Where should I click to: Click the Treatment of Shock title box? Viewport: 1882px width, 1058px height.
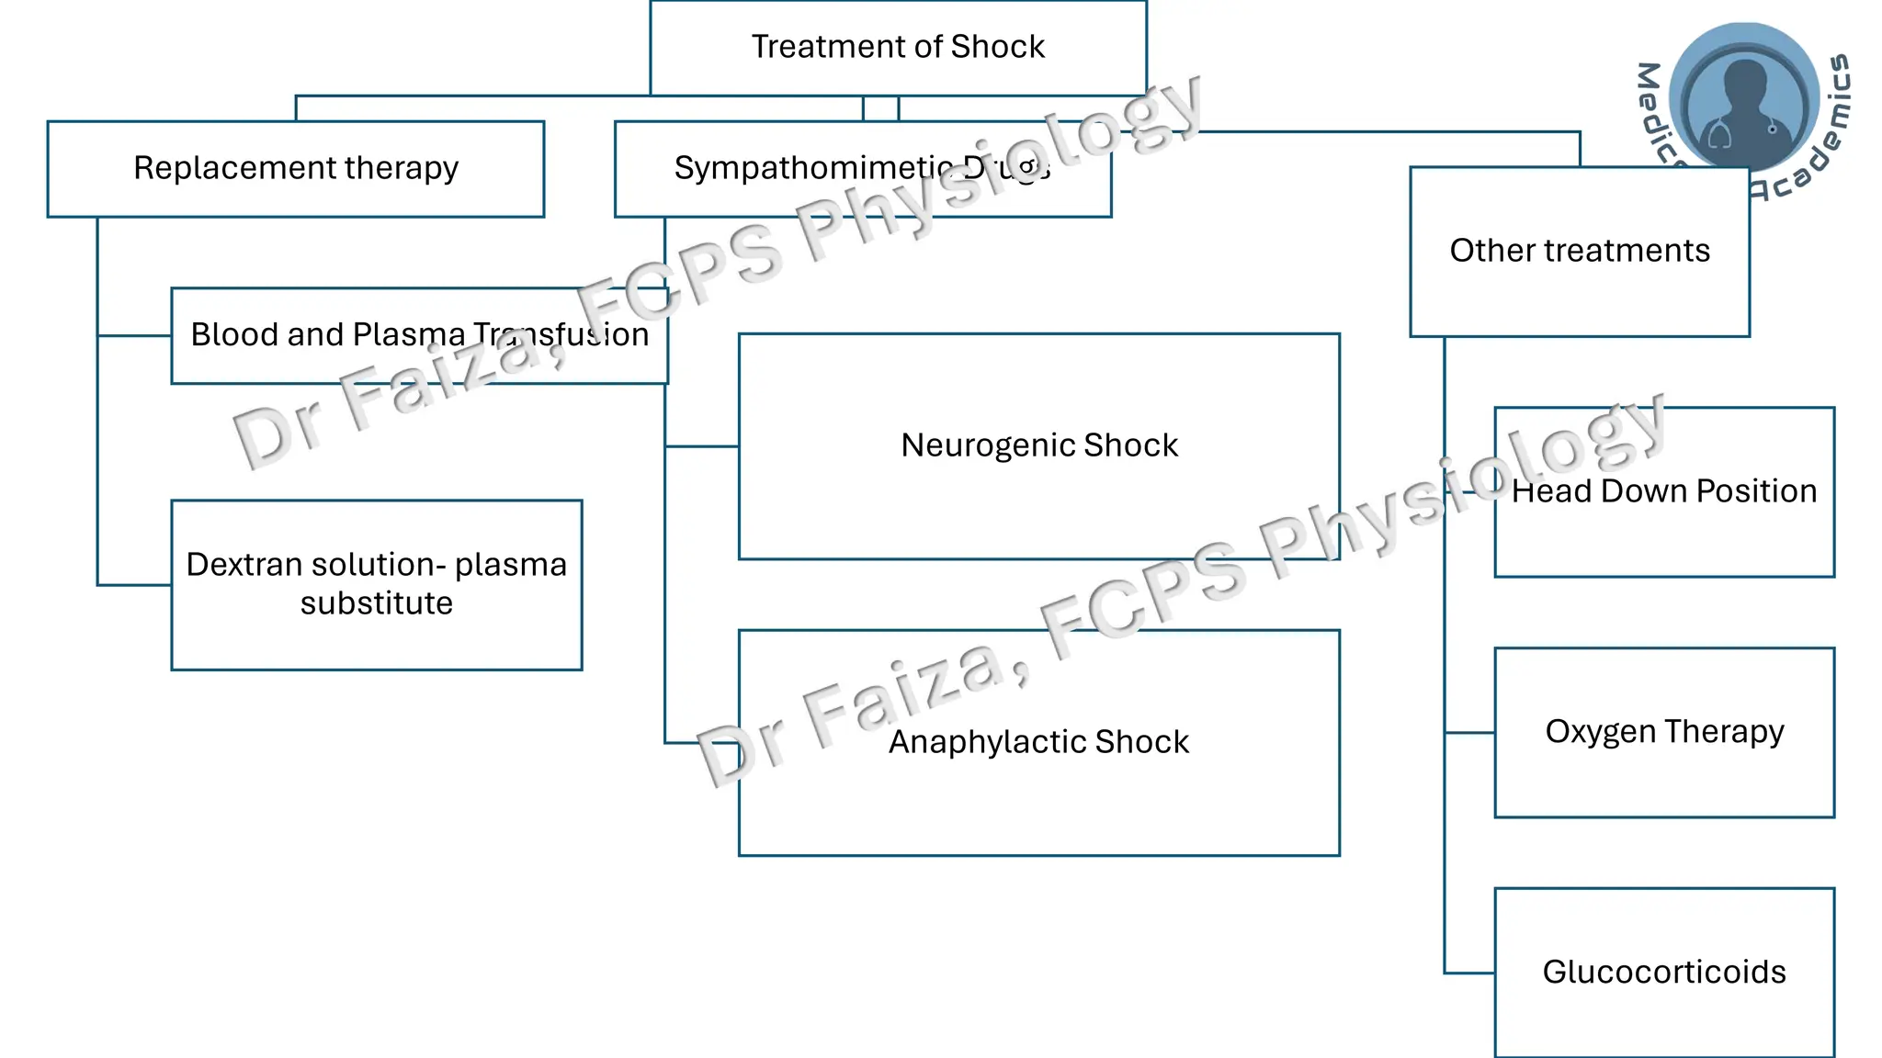[898, 47]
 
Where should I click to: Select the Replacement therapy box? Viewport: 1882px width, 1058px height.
[295, 169]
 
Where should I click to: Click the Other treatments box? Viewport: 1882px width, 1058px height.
[1579, 251]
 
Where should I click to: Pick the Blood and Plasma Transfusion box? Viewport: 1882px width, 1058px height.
[419, 335]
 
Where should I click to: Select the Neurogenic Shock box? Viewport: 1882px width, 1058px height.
[1038, 446]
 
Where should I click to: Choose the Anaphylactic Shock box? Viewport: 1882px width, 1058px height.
[1038, 742]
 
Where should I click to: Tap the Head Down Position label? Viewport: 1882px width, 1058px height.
[1663, 491]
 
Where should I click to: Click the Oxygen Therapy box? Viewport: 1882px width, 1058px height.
[1663, 732]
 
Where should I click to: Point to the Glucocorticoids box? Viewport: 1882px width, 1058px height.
[1663, 972]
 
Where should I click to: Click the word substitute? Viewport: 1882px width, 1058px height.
[376, 603]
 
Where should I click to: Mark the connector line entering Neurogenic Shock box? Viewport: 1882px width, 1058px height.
[701, 446]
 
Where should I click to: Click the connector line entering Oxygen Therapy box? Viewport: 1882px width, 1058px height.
[1468, 733]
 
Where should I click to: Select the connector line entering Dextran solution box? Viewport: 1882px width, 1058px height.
[134, 585]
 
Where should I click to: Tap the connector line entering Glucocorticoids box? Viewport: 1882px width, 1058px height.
[1468, 973]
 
